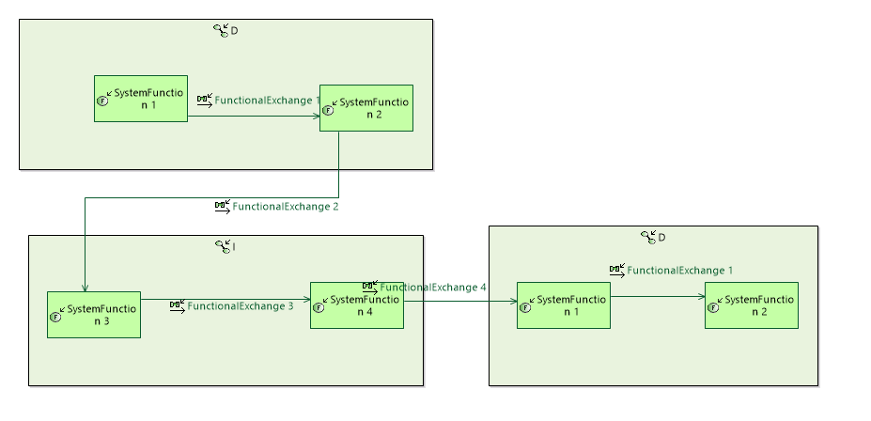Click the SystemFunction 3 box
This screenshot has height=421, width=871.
pos(94,315)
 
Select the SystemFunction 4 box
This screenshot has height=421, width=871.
pos(357,305)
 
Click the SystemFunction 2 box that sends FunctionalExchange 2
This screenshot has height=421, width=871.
pos(366,108)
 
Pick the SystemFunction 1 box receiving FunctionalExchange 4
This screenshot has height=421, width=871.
pos(564,305)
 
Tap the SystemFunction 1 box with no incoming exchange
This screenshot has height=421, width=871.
pos(141,99)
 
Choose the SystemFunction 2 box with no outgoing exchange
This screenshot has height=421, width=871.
pos(752,305)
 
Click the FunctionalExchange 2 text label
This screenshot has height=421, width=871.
pos(286,207)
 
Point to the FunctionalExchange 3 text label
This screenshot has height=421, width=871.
pos(241,306)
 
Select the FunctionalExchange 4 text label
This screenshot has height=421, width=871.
pos(432,288)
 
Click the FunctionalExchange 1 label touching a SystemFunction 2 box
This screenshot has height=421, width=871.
pos(267,100)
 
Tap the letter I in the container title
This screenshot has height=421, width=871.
pos(234,247)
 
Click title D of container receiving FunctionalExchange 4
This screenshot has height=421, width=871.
pos(661,238)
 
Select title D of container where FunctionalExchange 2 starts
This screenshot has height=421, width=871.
pos(234,31)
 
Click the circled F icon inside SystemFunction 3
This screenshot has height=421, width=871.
pos(54,317)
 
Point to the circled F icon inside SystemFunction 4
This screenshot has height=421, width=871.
pos(318,307)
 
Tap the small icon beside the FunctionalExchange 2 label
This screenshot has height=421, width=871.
pos(223,207)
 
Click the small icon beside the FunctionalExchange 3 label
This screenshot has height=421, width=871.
pos(178,306)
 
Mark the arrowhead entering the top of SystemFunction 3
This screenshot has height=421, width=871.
pos(85,287)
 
